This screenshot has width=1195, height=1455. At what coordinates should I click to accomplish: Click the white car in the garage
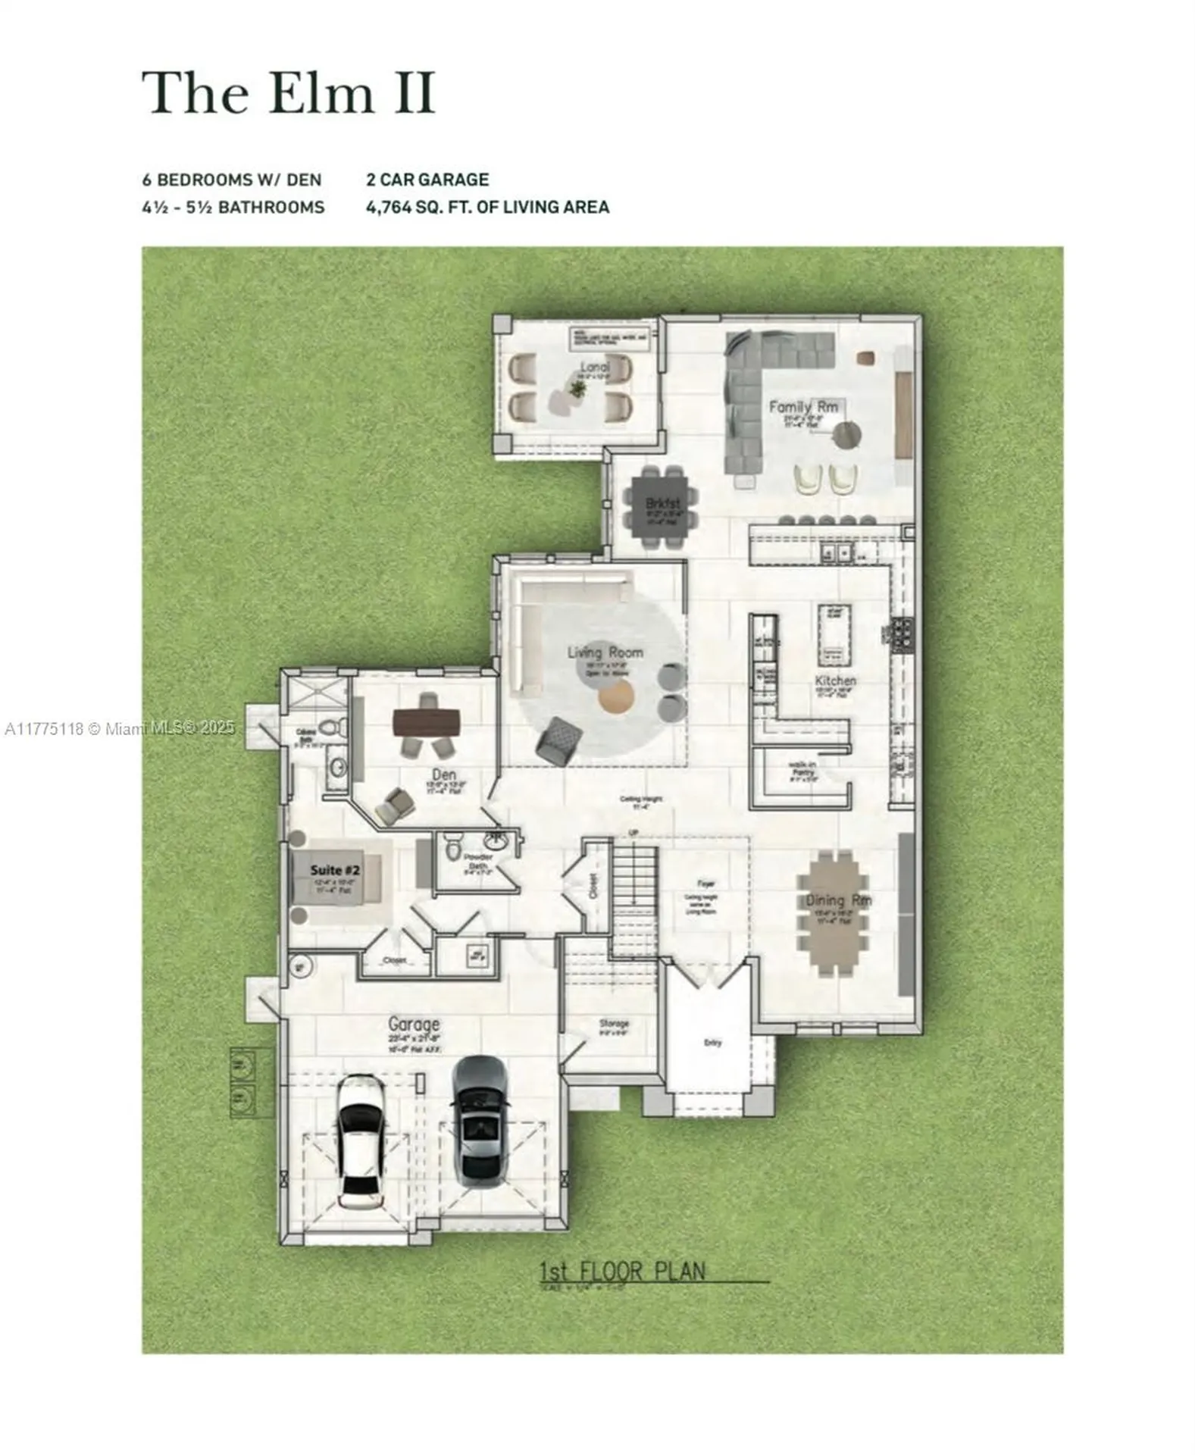point(358,1144)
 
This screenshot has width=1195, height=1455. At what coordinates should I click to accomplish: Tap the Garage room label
point(414,1025)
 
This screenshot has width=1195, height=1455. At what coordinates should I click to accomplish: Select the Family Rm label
point(803,407)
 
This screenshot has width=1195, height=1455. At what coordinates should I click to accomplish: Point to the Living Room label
point(605,652)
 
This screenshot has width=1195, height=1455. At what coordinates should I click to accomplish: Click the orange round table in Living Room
point(615,697)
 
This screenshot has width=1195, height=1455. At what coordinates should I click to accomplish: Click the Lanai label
point(595,368)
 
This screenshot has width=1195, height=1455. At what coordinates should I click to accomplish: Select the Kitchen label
point(835,681)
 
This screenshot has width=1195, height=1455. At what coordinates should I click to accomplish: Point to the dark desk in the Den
point(427,722)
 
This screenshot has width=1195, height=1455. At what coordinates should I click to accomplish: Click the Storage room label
point(614,1023)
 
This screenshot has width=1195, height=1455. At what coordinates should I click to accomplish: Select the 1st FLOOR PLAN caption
point(621,1271)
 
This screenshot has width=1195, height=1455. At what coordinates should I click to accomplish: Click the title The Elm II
point(289,93)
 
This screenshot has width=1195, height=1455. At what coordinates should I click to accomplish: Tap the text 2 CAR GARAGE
point(427,180)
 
